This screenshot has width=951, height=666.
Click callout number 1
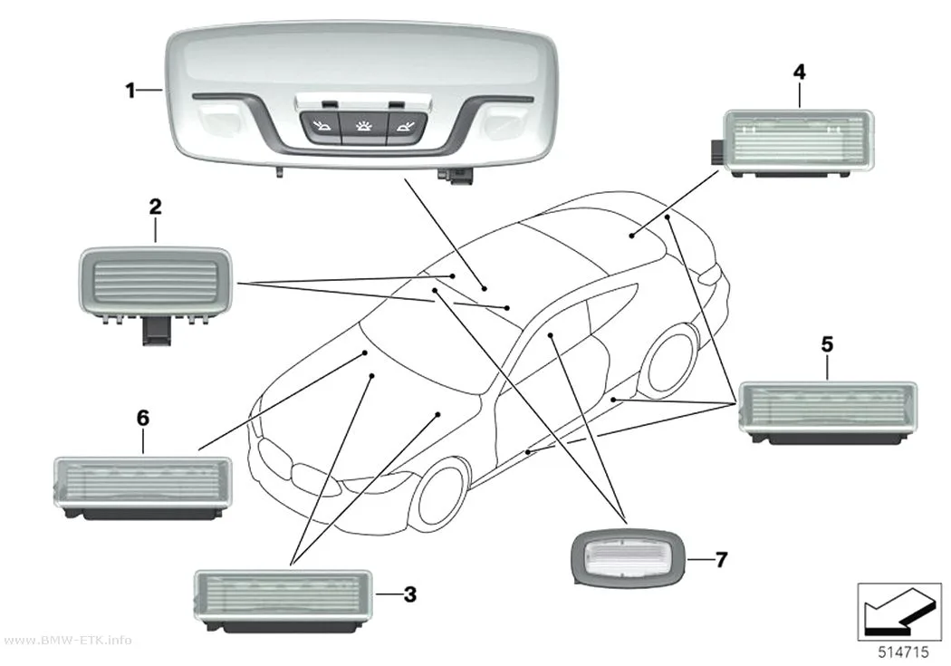pos(130,91)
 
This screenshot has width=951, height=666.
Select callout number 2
pos(155,207)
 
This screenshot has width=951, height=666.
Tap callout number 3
pos(410,594)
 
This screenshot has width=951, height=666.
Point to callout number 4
pos(800,72)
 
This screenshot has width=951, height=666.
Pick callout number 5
pos(827,344)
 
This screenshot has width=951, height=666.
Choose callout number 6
pos(142,418)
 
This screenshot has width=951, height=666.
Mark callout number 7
pos(721,559)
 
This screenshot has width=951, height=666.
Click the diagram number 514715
pos(903,652)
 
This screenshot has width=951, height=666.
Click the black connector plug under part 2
pos(156,333)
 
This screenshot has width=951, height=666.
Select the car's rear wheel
pos(671,361)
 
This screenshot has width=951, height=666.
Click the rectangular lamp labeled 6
pos(142,488)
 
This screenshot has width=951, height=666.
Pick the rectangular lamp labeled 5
pos(828,412)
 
